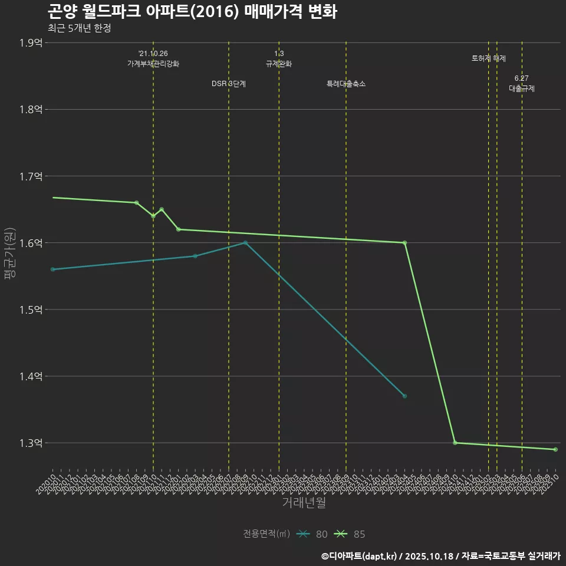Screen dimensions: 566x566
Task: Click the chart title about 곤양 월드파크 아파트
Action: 192,12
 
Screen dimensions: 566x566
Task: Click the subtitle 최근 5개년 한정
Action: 79,28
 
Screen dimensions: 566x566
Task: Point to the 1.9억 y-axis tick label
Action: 31,42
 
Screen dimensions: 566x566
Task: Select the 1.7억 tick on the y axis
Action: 31,176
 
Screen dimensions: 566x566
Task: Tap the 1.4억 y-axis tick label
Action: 31,376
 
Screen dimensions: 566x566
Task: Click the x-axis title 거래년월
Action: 304,503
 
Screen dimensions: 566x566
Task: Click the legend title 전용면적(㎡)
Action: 266,534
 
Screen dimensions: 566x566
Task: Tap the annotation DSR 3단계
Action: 229,84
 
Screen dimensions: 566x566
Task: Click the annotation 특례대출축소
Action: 346,84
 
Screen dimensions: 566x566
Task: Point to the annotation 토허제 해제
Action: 488,58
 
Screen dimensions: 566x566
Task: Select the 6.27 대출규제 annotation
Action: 522,84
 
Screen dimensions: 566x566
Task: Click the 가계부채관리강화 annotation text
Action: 153,64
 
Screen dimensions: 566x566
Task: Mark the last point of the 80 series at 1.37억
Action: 404,396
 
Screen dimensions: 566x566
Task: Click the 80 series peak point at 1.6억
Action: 245,243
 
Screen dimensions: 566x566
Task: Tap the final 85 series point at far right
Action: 555,450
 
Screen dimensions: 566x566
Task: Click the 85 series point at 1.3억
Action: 455,443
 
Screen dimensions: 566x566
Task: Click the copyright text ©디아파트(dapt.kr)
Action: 360,555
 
